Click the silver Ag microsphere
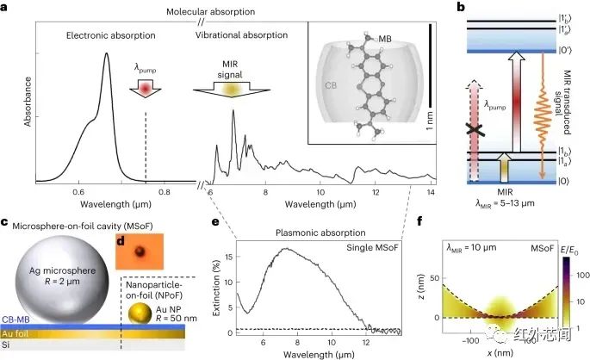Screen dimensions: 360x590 54,273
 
